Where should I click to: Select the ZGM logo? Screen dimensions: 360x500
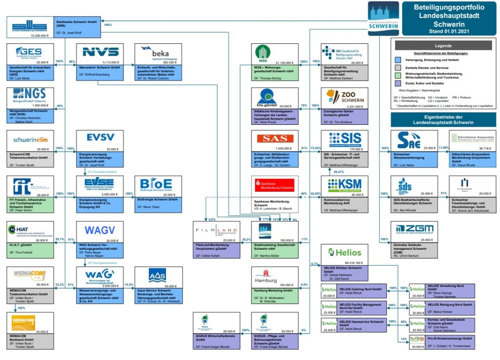click(414, 228)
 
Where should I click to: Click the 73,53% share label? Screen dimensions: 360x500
click(315, 148)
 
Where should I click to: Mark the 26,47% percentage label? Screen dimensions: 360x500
click(338, 172)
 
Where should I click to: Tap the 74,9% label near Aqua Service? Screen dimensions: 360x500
click(129, 284)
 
